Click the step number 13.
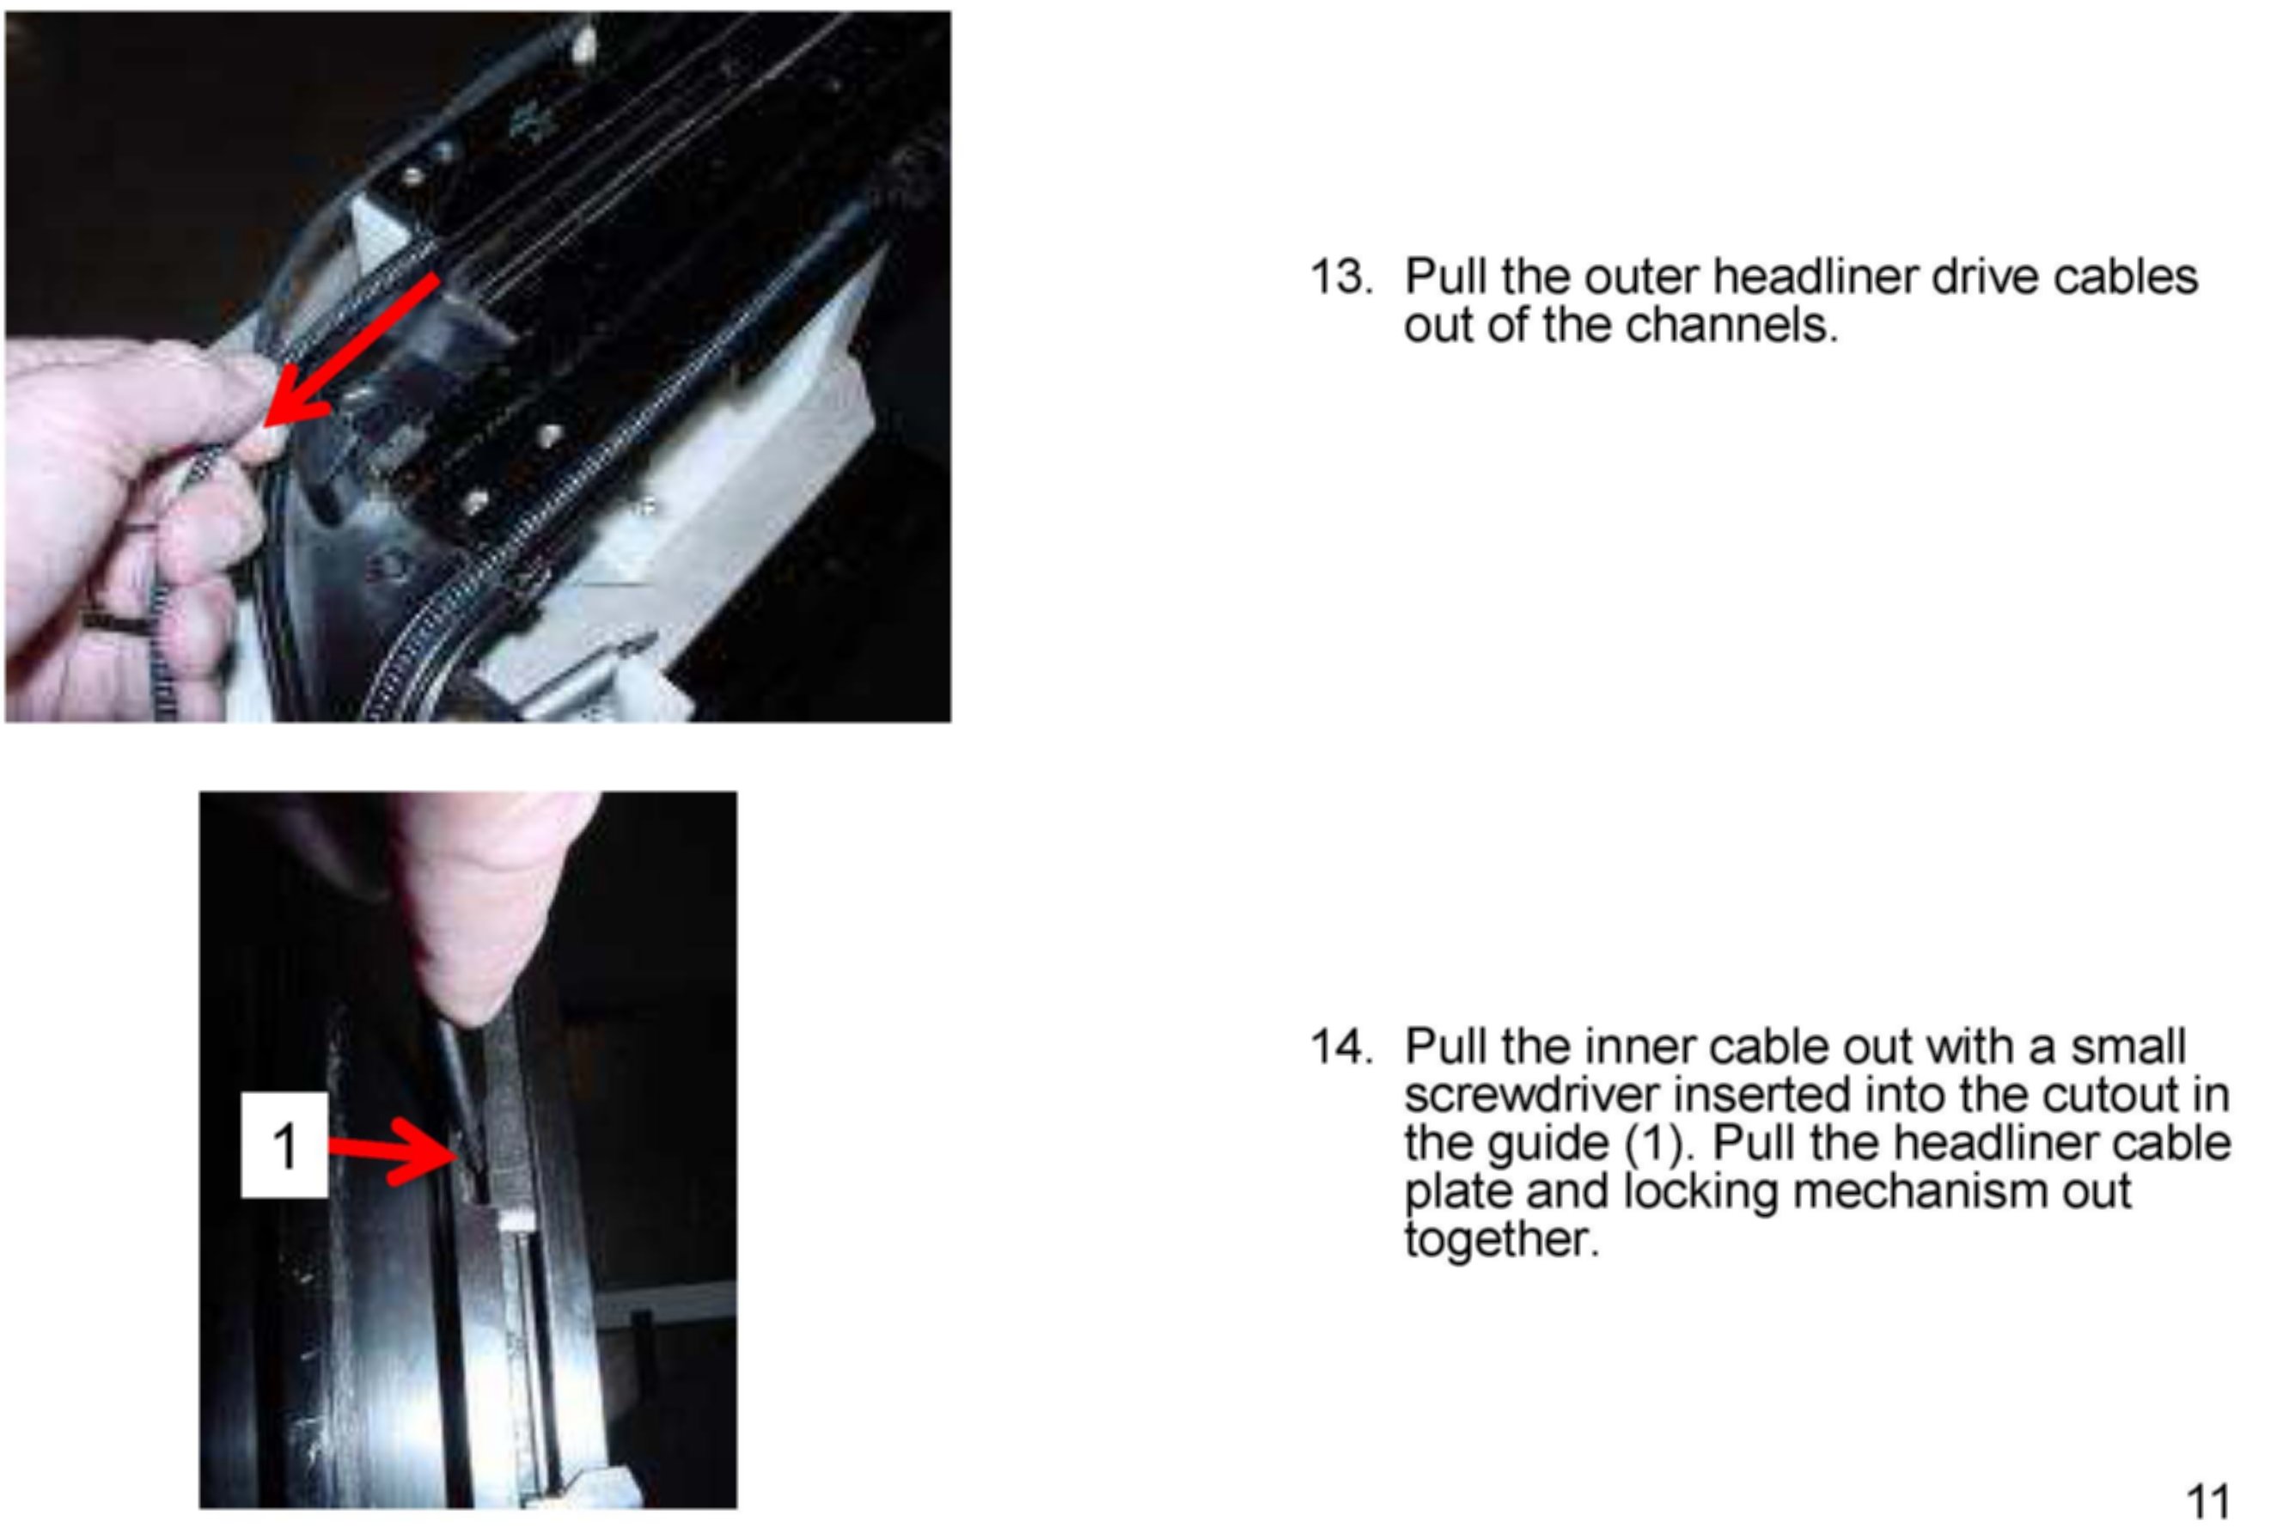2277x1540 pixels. tap(1341, 278)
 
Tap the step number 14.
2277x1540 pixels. tap(1341, 1048)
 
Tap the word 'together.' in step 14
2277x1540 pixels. tap(1502, 1240)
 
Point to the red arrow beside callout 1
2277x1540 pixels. tap(393, 1149)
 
